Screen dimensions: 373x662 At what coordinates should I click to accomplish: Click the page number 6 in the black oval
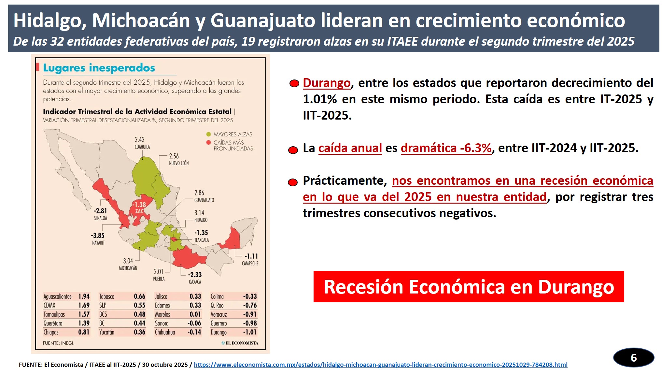tap(633, 358)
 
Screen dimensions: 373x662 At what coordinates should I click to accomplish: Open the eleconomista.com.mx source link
tap(380, 365)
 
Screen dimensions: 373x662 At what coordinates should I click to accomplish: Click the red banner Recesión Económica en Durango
tap(469, 287)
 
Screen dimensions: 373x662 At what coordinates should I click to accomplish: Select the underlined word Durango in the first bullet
tap(327, 83)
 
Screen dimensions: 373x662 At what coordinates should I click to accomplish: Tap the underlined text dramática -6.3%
tap(446, 148)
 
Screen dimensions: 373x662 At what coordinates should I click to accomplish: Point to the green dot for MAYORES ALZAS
tap(208, 134)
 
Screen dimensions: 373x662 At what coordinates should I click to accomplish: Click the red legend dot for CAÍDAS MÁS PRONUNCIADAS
tap(208, 142)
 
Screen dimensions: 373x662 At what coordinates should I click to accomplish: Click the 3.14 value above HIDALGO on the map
tap(199, 213)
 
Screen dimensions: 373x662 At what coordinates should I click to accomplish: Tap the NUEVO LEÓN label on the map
tap(179, 163)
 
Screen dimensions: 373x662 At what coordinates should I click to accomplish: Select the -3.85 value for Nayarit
tap(98, 236)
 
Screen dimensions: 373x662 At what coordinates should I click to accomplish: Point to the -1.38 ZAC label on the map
tap(139, 208)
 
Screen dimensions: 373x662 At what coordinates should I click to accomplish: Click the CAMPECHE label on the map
tap(250, 264)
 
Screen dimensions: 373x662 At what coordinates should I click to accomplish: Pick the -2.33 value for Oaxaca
tap(195, 275)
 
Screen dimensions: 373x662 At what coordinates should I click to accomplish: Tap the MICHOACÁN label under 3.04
tap(128, 268)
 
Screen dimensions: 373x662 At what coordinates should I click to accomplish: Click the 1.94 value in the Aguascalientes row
tap(84, 296)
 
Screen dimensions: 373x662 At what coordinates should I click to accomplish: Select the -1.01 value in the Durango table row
tap(250, 332)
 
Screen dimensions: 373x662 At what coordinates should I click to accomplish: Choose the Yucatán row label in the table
tap(106, 332)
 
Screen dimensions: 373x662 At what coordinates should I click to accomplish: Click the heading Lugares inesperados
tap(99, 68)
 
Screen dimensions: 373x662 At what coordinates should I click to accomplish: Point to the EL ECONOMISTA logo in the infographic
tap(240, 343)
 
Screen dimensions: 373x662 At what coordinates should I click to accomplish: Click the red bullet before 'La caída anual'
tap(293, 150)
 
